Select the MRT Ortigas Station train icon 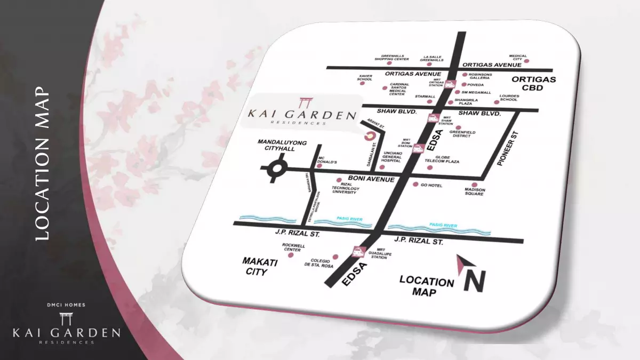coord(451,84)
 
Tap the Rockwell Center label coord(293,247)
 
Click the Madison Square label coord(475,191)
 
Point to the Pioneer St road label coord(507,149)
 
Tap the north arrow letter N coord(474,279)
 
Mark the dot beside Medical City coord(526,61)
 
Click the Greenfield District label coord(462,134)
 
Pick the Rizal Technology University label coord(346,188)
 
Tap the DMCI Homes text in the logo coord(67,305)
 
